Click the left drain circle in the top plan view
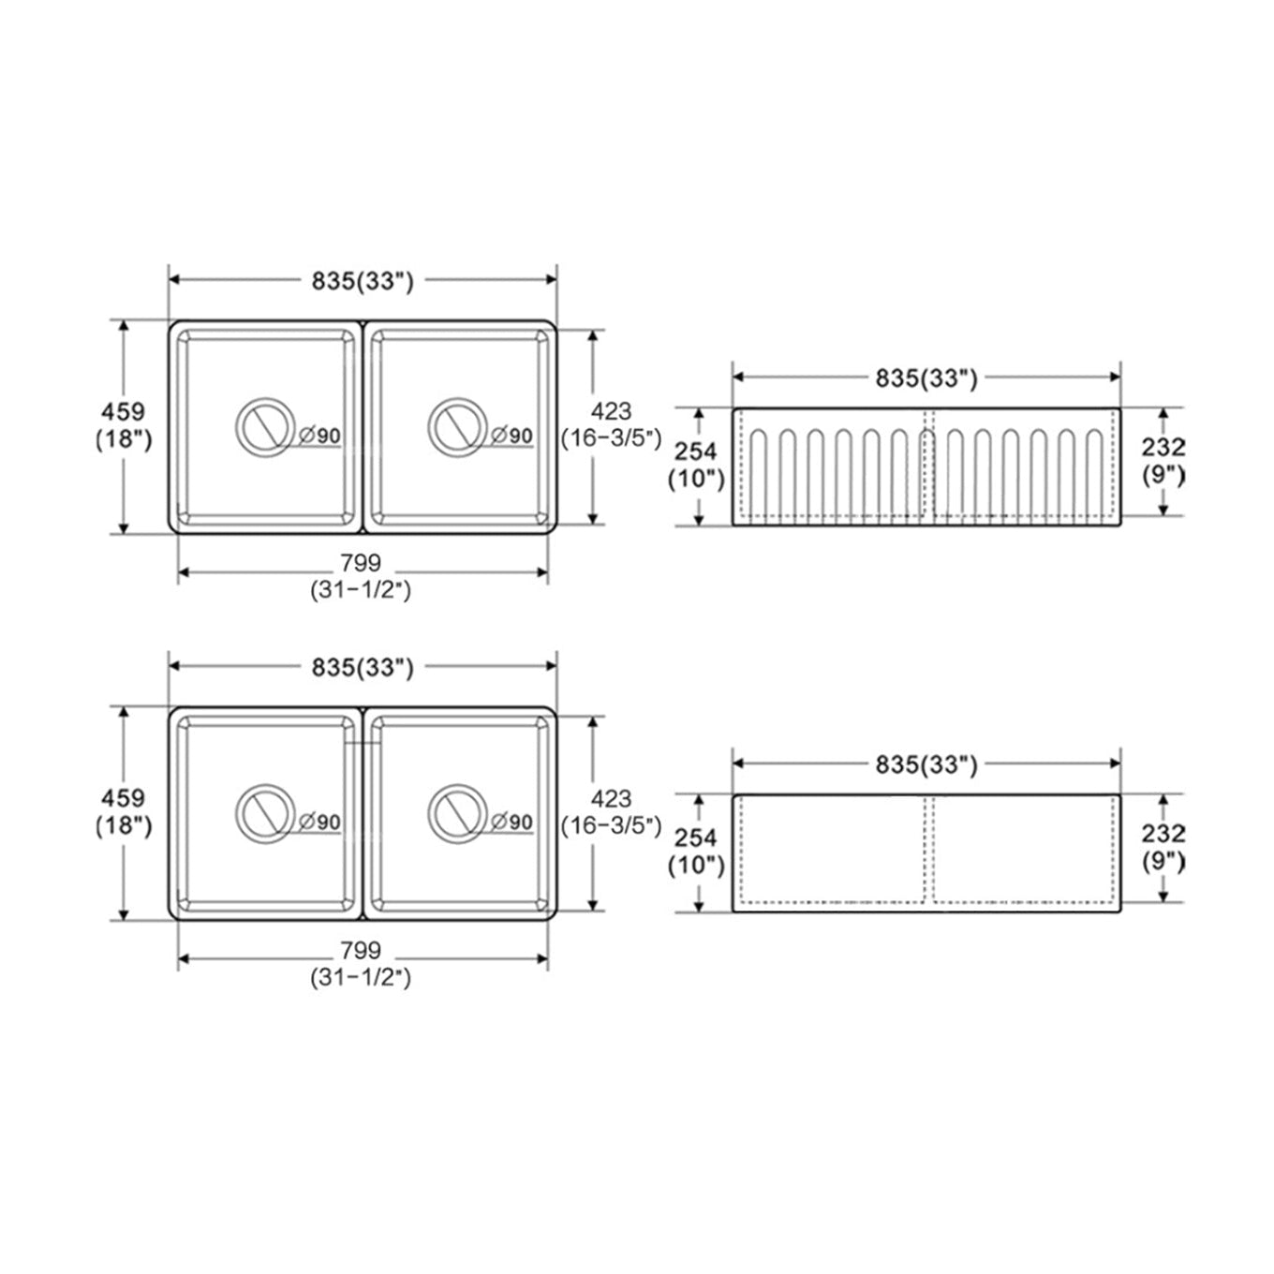point(236,428)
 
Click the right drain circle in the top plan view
point(428,428)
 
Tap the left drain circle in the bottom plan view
point(236,814)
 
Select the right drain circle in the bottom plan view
point(428,814)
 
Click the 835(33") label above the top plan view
point(363,281)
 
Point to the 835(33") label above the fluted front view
point(926,378)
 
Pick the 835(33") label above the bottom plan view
point(363,668)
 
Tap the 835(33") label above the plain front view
point(926,765)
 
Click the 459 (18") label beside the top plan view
point(124,425)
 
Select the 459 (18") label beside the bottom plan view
point(124,812)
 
